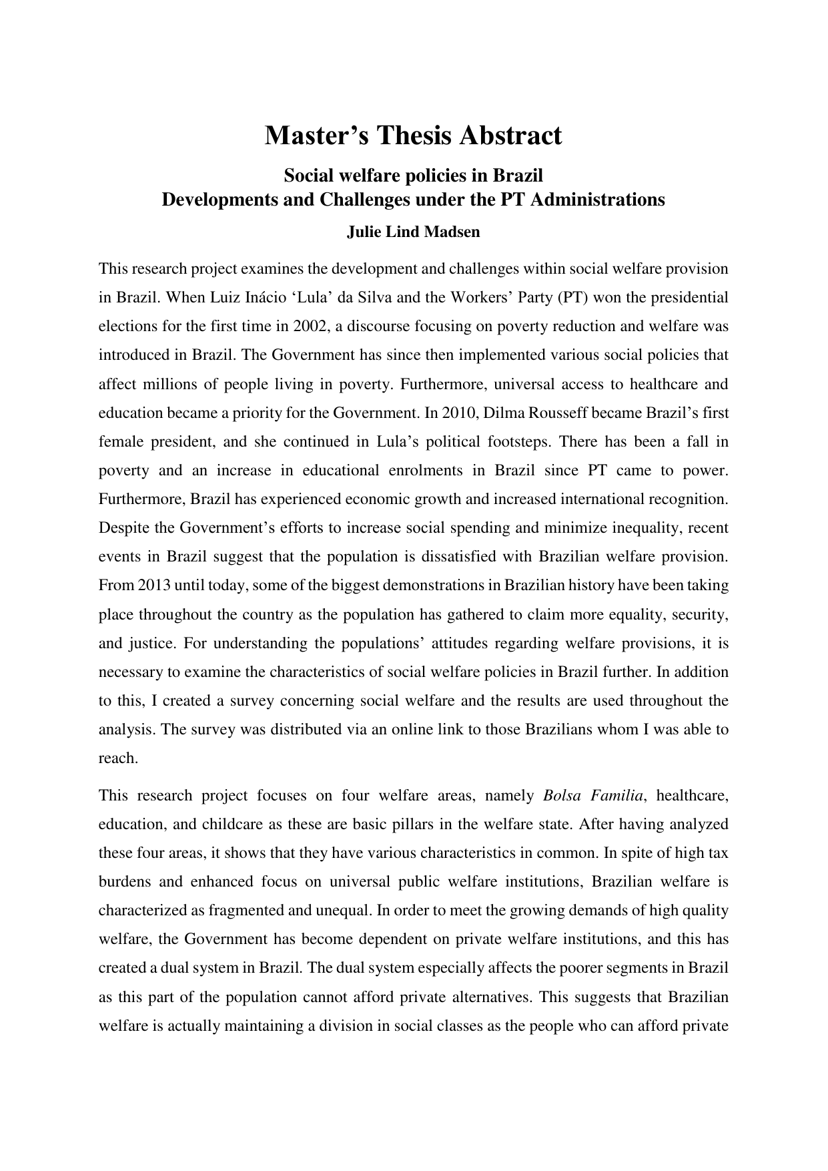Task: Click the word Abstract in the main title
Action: pyautogui.click(x=505, y=136)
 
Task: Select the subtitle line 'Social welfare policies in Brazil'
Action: pyautogui.click(x=414, y=176)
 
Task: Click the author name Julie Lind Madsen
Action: pyautogui.click(x=414, y=232)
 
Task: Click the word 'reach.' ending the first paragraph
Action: pyautogui.click(x=118, y=758)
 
